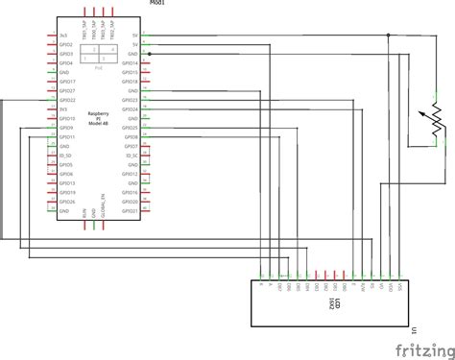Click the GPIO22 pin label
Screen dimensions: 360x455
67,100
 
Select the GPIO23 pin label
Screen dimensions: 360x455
132,100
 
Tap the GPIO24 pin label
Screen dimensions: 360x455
132,109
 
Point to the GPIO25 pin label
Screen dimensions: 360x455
132,128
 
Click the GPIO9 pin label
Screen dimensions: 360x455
67,128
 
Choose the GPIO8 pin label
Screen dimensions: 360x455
132,137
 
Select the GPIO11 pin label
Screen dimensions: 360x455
67,137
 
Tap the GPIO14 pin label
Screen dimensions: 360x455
132,63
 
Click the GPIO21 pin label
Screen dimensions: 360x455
132,211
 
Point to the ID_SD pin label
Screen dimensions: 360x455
67,156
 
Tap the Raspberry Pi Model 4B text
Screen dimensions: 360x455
98,118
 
